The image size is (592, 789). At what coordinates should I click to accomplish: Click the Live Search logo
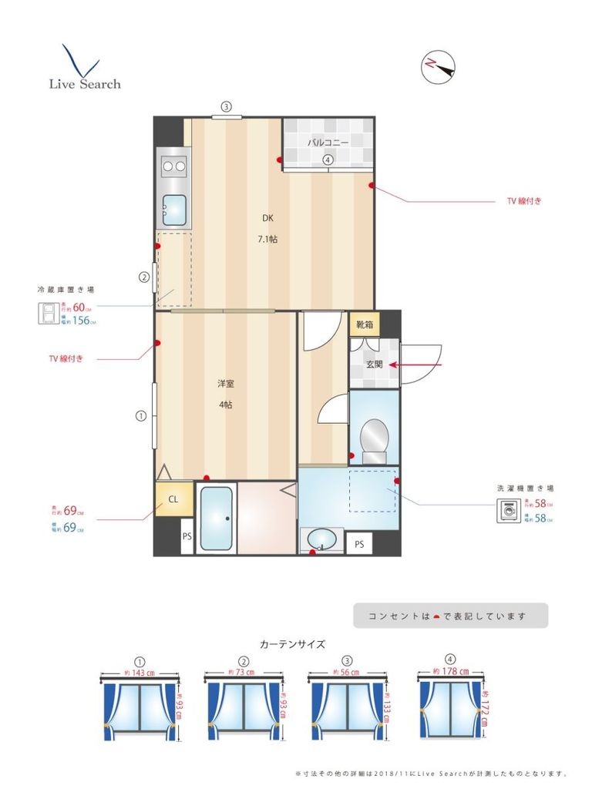coord(84,69)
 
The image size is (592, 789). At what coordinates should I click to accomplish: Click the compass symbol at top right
coord(438,67)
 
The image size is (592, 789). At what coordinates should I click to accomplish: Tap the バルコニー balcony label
coord(328,143)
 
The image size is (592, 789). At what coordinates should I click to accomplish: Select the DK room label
coord(267,217)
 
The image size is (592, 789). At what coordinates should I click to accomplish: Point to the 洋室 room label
coord(225,383)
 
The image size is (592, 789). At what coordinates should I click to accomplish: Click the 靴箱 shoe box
coord(364,324)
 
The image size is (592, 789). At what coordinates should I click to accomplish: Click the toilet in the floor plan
coord(374,440)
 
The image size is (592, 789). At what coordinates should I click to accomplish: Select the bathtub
coord(217,518)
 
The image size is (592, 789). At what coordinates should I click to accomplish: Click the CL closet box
coord(173,499)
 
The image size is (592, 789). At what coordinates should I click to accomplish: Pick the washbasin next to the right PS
coord(321,539)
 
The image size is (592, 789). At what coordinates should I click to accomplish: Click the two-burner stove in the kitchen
coord(173,165)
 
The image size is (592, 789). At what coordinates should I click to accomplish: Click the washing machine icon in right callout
coord(508,512)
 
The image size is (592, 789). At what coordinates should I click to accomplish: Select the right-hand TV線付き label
coord(524,201)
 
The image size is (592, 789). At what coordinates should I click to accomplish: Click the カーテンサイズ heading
coord(292,644)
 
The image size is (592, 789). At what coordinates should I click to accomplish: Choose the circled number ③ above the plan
coord(226,107)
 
